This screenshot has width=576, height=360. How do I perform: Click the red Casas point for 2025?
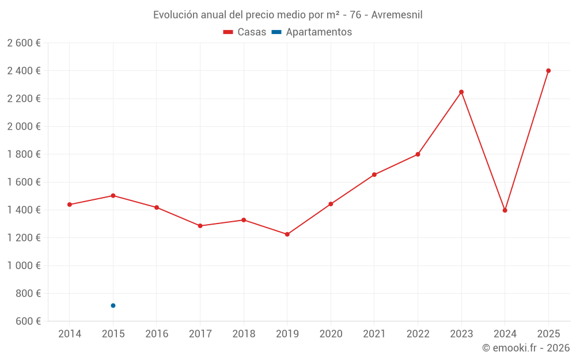[548, 71]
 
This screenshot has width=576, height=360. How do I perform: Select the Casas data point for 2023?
[461, 92]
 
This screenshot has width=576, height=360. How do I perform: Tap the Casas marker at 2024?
[505, 210]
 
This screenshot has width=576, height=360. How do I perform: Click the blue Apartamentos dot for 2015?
[113, 305]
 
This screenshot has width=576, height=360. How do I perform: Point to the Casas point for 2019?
[287, 234]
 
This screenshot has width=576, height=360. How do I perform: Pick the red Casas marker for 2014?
[70, 204]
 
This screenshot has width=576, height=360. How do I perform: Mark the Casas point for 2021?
[374, 175]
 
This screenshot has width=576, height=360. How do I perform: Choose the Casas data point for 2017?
[200, 226]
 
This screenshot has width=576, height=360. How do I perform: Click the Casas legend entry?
[245, 32]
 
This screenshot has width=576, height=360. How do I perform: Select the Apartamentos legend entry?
[312, 32]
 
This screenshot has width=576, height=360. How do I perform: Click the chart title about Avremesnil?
[287, 15]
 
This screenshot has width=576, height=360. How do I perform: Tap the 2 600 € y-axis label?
[24, 43]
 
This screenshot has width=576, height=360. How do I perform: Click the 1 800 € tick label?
[24, 154]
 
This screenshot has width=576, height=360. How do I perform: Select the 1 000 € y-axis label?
[24, 266]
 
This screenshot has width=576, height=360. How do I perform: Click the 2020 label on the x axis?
[331, 334]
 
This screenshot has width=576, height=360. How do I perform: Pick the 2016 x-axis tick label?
[157, 334]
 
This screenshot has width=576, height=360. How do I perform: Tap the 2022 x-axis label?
[418, 334]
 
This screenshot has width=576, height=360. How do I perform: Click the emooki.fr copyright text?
[525, 348]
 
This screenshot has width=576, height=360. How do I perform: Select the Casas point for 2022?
[418, 154]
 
